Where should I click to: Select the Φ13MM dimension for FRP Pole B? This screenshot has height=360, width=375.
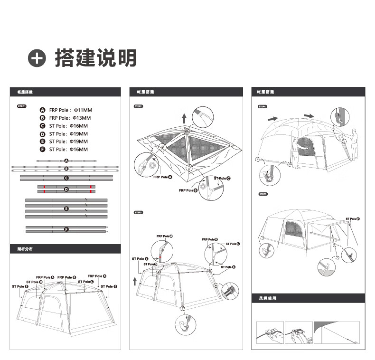[x=81, y=118]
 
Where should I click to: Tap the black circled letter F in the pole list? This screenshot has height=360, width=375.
[x=43, y=149]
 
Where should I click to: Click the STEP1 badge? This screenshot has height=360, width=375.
[x=22, y=107]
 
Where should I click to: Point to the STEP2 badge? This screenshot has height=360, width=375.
[x=139, y=107]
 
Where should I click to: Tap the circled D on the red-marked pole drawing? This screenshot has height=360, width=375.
[x=66, y=189]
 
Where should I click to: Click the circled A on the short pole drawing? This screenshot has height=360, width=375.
[x=66, y=161]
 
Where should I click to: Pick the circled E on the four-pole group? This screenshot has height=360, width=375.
[x=66, y=208]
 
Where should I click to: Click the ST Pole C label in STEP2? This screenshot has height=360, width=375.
[x=222, y=178]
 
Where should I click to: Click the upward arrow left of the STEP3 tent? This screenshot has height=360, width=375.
[x=135, y=280]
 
